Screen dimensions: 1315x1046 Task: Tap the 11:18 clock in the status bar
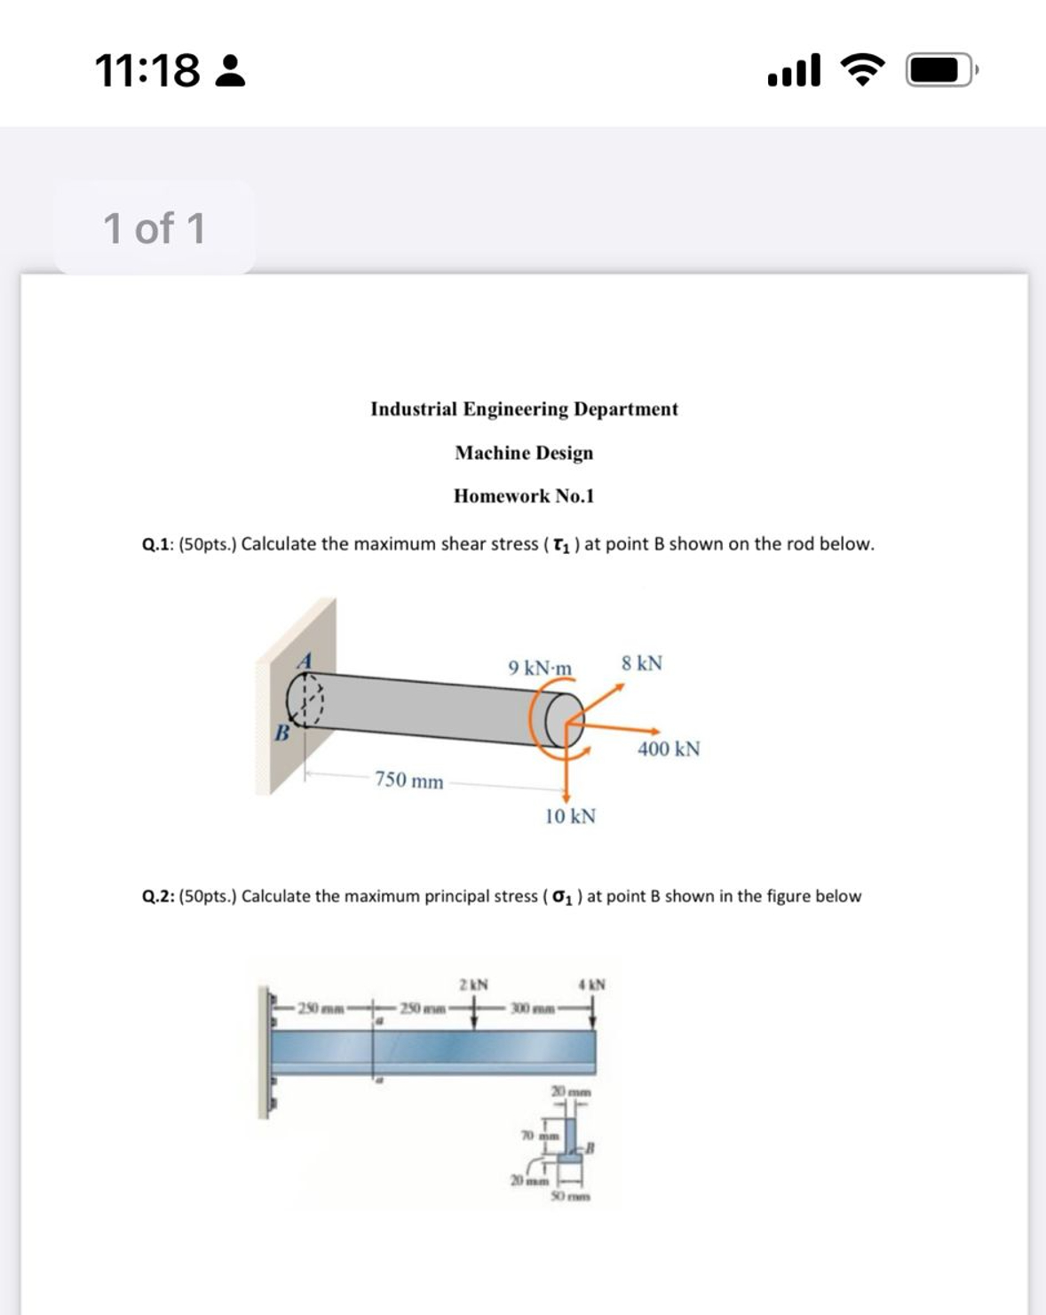[x=147, y=71]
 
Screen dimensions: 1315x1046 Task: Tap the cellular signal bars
[x=794, y=70]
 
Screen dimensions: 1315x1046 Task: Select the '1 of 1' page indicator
[x=154, y=228]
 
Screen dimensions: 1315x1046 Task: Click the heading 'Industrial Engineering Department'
[x=524, y=409]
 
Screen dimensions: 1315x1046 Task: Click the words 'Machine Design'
[x=524, y=453]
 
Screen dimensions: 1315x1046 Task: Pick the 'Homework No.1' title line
[x=524, y=496]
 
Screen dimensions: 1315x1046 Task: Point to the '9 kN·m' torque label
[x=540, y=668]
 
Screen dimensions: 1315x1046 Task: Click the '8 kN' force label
[x=642, y=663]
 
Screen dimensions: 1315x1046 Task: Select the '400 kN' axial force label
[x=669, y=749]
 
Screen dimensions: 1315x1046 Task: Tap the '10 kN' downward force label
[x=570, y=816]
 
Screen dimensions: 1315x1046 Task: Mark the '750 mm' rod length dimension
[x=408, y=780]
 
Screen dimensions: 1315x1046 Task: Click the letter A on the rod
[x=305, y=661]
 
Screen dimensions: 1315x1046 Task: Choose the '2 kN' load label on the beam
[x=473, y=985]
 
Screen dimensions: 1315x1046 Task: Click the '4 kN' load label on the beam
[x=591, y=985]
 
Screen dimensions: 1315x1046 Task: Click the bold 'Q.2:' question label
[x=158, y=897]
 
